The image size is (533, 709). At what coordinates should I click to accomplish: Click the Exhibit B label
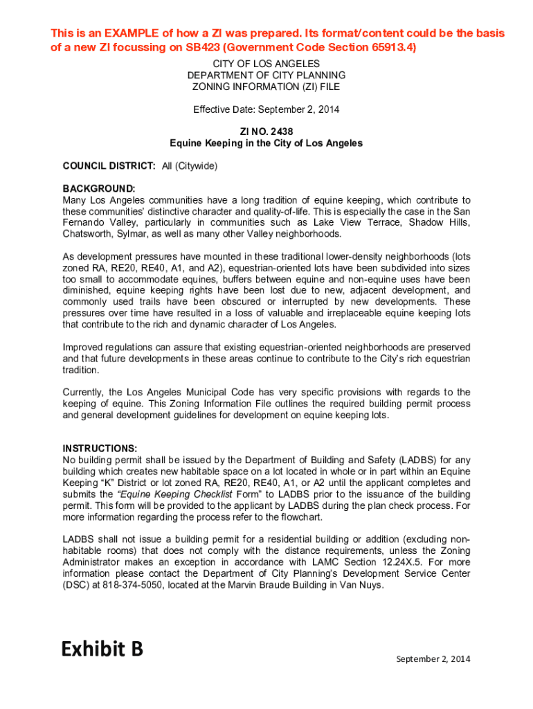102,649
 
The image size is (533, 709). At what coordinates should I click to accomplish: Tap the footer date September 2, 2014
433,659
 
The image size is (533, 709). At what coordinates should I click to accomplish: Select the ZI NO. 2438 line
266,132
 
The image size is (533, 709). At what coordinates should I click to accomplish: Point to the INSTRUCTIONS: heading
100,447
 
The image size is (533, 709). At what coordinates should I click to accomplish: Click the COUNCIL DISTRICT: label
109,166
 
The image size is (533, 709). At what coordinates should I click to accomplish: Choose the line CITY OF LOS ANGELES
266,64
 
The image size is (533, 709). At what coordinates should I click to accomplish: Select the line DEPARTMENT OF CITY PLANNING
266,75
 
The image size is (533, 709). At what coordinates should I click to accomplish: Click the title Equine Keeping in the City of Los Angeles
266,143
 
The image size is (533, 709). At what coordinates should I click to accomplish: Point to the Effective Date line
266,109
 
